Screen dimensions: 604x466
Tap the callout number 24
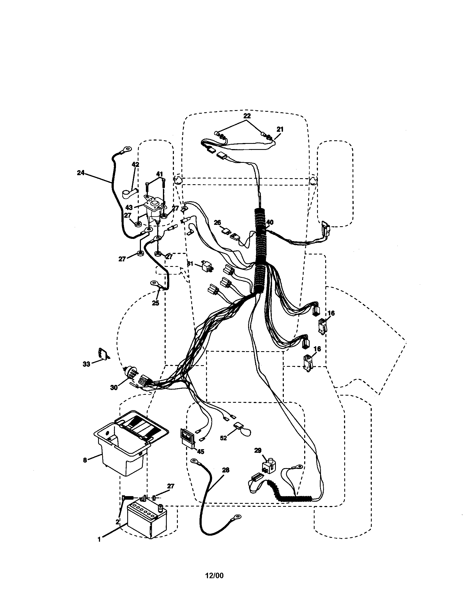point(81,173)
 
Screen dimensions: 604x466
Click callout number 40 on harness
point(270,222)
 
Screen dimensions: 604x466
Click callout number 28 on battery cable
point(226,470)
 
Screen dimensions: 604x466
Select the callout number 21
point(280,129)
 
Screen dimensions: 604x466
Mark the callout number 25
point(156,303)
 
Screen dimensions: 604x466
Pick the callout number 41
point(159,174)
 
